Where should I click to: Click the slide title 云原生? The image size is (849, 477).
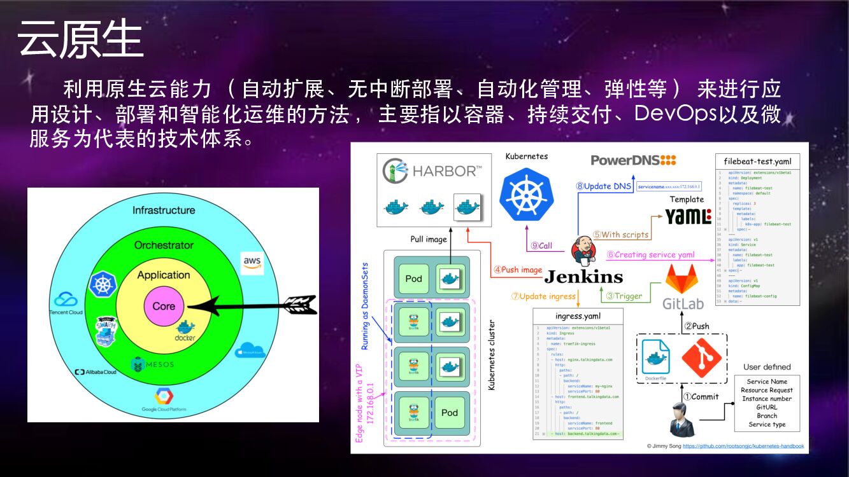point(80,39)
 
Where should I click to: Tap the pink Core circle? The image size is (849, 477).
point(164,306)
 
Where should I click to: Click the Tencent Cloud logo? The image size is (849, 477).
point(66,301)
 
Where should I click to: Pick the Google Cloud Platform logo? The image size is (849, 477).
point(164,400)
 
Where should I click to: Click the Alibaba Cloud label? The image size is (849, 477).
point(96,372)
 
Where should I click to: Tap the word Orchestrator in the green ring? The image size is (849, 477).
point(164,245)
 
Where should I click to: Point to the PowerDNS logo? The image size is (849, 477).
point(633,160)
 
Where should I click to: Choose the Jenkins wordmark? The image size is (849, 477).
point(583,277)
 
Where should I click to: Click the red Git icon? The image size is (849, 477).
point(701,359)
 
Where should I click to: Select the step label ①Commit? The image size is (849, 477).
point(701,396)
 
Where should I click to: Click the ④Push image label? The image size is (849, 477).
point(517,270)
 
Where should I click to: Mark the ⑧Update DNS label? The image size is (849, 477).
point(603,186)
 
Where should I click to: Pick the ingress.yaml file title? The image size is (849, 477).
point(578,316)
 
